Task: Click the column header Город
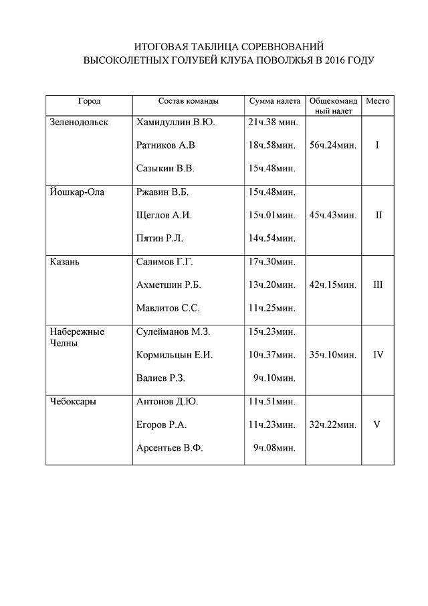[x=89, y=101]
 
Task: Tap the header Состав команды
[x=188, y=101]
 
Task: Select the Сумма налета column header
[x=275, y=101]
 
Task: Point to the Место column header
[x=377, y=101]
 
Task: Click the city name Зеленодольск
[x=79, y=123]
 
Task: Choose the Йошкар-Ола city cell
[x=77, y=192]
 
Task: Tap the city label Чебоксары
[x=73, y=402]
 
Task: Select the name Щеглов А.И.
[x=164, y=215]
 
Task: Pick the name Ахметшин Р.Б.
[x=169, y=285]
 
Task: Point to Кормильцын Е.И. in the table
[x=174, y=355]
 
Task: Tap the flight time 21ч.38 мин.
[x=273, y=123]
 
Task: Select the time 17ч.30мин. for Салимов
[x=272, y=262]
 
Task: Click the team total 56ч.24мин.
[x=333, y=145]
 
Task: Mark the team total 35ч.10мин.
[x=333, y=355]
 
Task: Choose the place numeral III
[x=378, y=285]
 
